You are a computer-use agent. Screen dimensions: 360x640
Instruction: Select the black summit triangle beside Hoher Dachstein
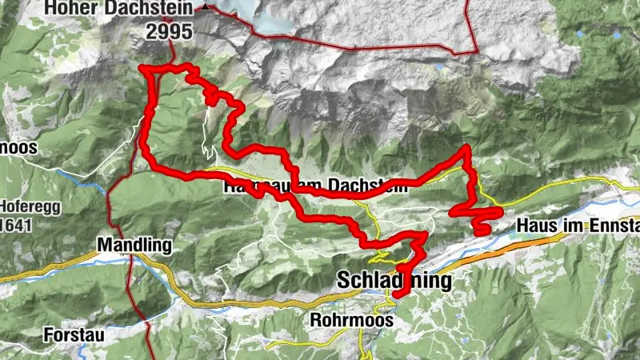206,6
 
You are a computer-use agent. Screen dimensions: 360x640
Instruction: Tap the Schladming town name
394,282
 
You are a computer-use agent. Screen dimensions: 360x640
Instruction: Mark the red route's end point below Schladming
395,295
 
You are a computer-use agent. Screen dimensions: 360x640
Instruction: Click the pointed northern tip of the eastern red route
466,146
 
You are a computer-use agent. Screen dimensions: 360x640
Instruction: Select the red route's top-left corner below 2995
144,69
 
